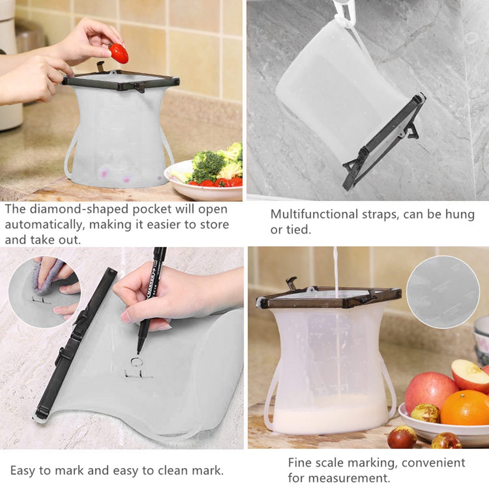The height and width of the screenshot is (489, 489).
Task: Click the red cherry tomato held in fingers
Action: tap(119, 53)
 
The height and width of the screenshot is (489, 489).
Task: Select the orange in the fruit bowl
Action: tap(466, 408)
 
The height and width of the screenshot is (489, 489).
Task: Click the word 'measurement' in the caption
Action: tap(337, 478)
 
